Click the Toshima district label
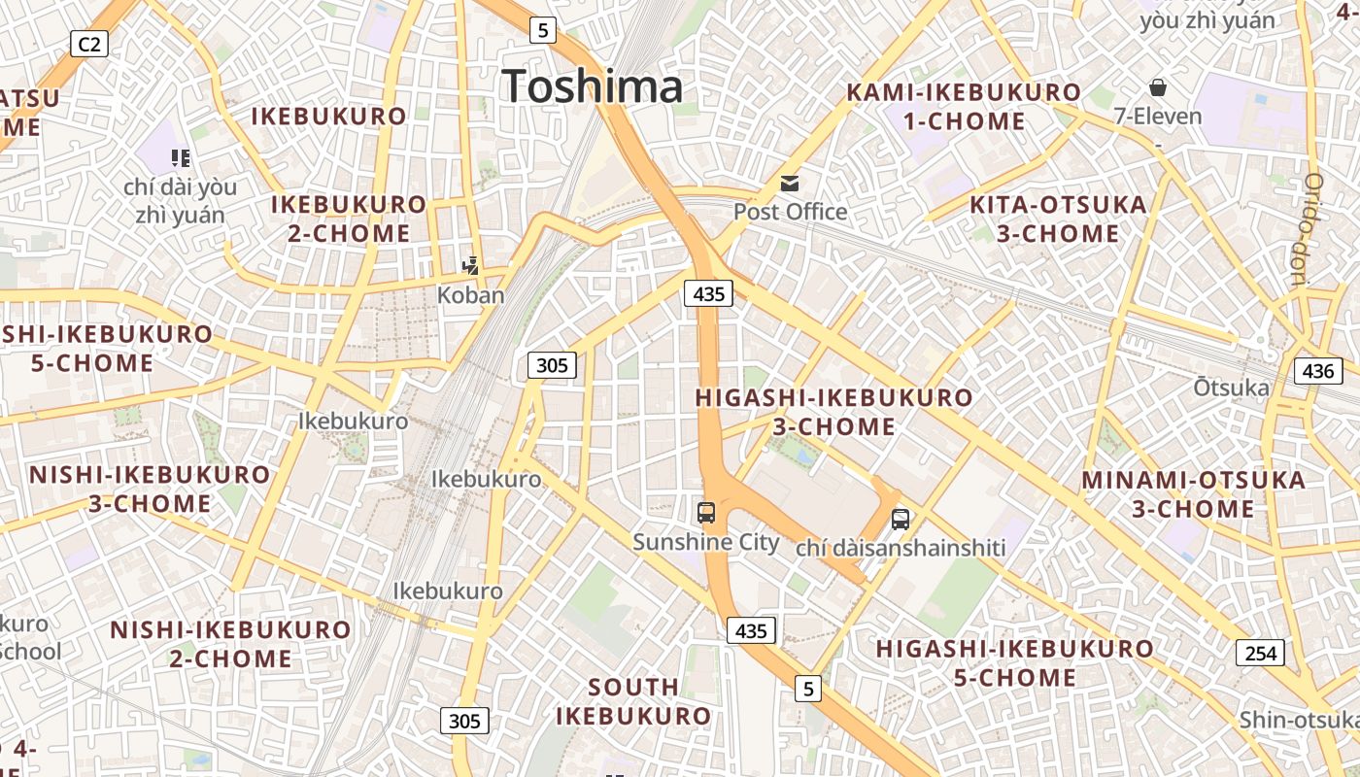pyautogui.click(x=593, y=86)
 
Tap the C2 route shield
pyautogui.click(x=88, y=43)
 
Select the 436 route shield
pyautogui.click(x=1318, y=370)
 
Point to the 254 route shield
pyautogui.click(x=1260, y=653)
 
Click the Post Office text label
pyautogui.click(x=790, y=211)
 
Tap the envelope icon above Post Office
pyautogui.click(x=790, y=183)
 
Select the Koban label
pyautogui.click(x=471, y=294)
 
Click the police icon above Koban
pyautogui.click(x=471, y=264)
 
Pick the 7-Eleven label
pyautogui.click(x=1157, y=116)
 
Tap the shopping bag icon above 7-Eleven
pyautogui.click(x=1157, y=87)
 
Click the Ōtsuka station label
pyautogui.click(x=1231, y=388)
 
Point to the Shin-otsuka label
pyautogui.click(x=1298, y=720)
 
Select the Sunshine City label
pyautogui.click(x=706, y=541)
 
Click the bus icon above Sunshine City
pyautogui.click(x=706, y=513)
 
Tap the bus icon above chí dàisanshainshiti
pyautogui.click(x=901, y=519)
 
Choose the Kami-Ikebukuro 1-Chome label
pyautogui.click(x=964, y=107)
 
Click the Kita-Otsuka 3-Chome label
pyautogui.click(x=1059, y=219)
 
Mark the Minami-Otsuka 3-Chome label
pyautogui.click(x=1194, y=493)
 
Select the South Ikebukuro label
pyautogui.click(x=633, y=701)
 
